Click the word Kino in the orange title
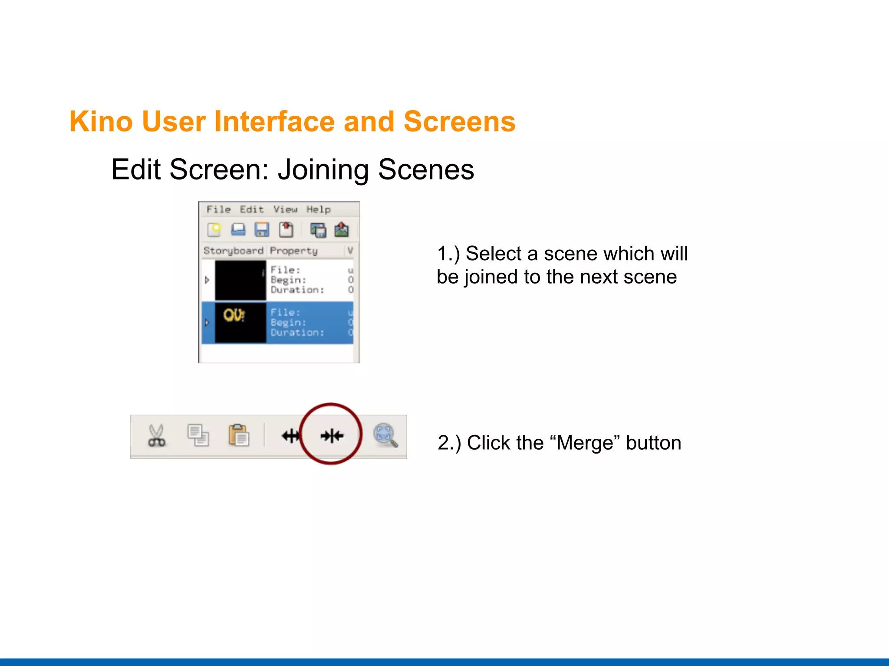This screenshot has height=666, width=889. click(x=101, y=121)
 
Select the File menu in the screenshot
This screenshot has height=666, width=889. click(x=218, y=209)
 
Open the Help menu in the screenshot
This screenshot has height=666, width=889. click(x=318, y=209)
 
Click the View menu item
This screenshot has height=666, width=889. click(x=285, y=209)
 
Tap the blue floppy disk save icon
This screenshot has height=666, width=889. click(x=262, y=229)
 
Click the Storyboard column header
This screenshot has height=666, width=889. click(x=233, y=251)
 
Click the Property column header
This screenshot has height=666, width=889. click(x=293, y=251)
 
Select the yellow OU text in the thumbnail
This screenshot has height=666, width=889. click(x=234, y=315)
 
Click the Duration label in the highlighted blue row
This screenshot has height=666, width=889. click(x=297, y=333)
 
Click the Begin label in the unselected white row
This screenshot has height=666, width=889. click(x=288, y=280)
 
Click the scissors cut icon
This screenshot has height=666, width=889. click(x=156, y=435)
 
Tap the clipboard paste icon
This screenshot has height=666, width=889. click(x=239, y=435)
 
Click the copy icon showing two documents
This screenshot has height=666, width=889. click(x=198, y=435)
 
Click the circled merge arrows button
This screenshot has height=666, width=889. click(x=332, y=435)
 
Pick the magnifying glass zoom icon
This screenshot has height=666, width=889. click(x=385, y=435)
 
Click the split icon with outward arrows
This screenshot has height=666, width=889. click(x=290, y=435)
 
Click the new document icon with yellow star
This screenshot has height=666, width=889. click(x=214, y=229)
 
